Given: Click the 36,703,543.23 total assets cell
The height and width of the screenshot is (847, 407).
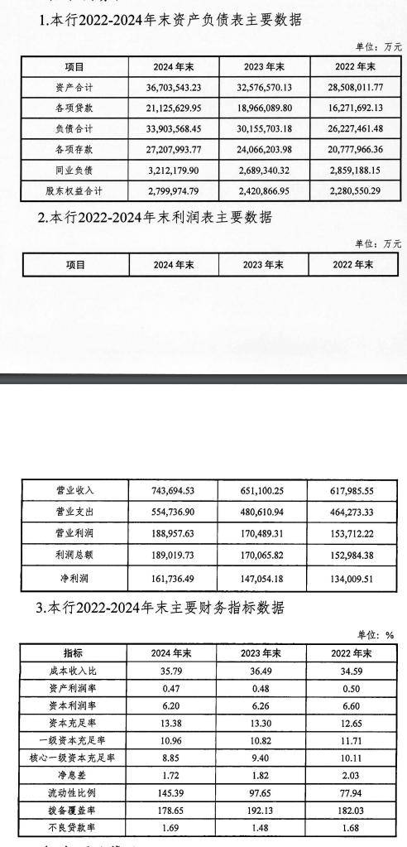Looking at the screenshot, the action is [172, 87].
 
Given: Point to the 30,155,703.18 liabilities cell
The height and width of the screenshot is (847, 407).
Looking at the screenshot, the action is [263, 129].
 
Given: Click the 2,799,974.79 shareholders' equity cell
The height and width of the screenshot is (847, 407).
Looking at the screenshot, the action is [172, 191].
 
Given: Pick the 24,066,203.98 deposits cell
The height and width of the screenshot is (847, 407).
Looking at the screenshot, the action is [263, 150].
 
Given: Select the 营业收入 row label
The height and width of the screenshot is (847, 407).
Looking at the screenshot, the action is [76, 491].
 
